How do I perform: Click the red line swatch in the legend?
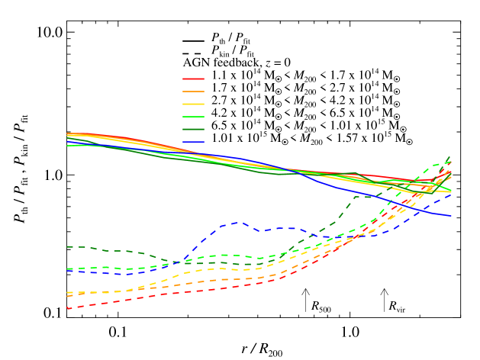tap(193, 79)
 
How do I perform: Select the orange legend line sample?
tap(193, 92)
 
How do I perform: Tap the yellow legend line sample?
tap(193, 104)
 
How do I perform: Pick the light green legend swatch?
tap(193, 117)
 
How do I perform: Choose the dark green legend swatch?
tap(193, 130)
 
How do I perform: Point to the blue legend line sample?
tap(193, 142)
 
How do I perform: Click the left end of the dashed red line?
tap(67, 308)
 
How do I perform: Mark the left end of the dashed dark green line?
tap(67, 246)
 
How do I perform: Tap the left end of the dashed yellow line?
tap(67, 292)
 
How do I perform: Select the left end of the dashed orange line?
tap(67, 296)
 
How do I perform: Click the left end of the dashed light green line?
tap(67, 269)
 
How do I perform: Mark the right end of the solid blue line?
tap(451, 216)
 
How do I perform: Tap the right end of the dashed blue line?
tap(451, 194)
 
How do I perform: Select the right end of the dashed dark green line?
tap(451, 156)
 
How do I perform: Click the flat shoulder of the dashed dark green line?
tap(365, 197)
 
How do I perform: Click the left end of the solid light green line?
tap(67, 145)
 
